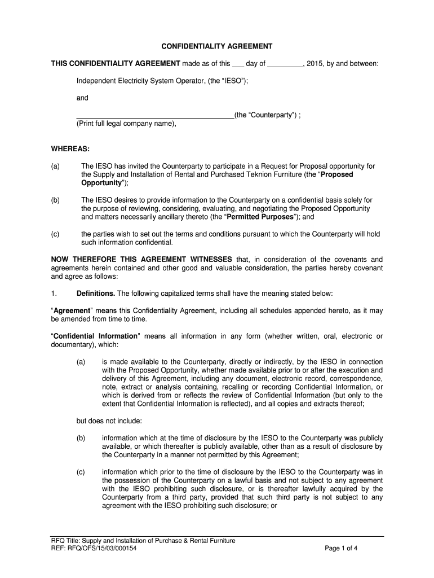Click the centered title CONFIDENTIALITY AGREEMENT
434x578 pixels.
click(217, 46)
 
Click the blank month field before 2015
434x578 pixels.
click(285, 65)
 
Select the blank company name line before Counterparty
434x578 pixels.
click(155, 116)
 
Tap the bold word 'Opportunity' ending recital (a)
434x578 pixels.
click(101, 183)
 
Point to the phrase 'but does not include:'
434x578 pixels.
click(109, 421)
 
